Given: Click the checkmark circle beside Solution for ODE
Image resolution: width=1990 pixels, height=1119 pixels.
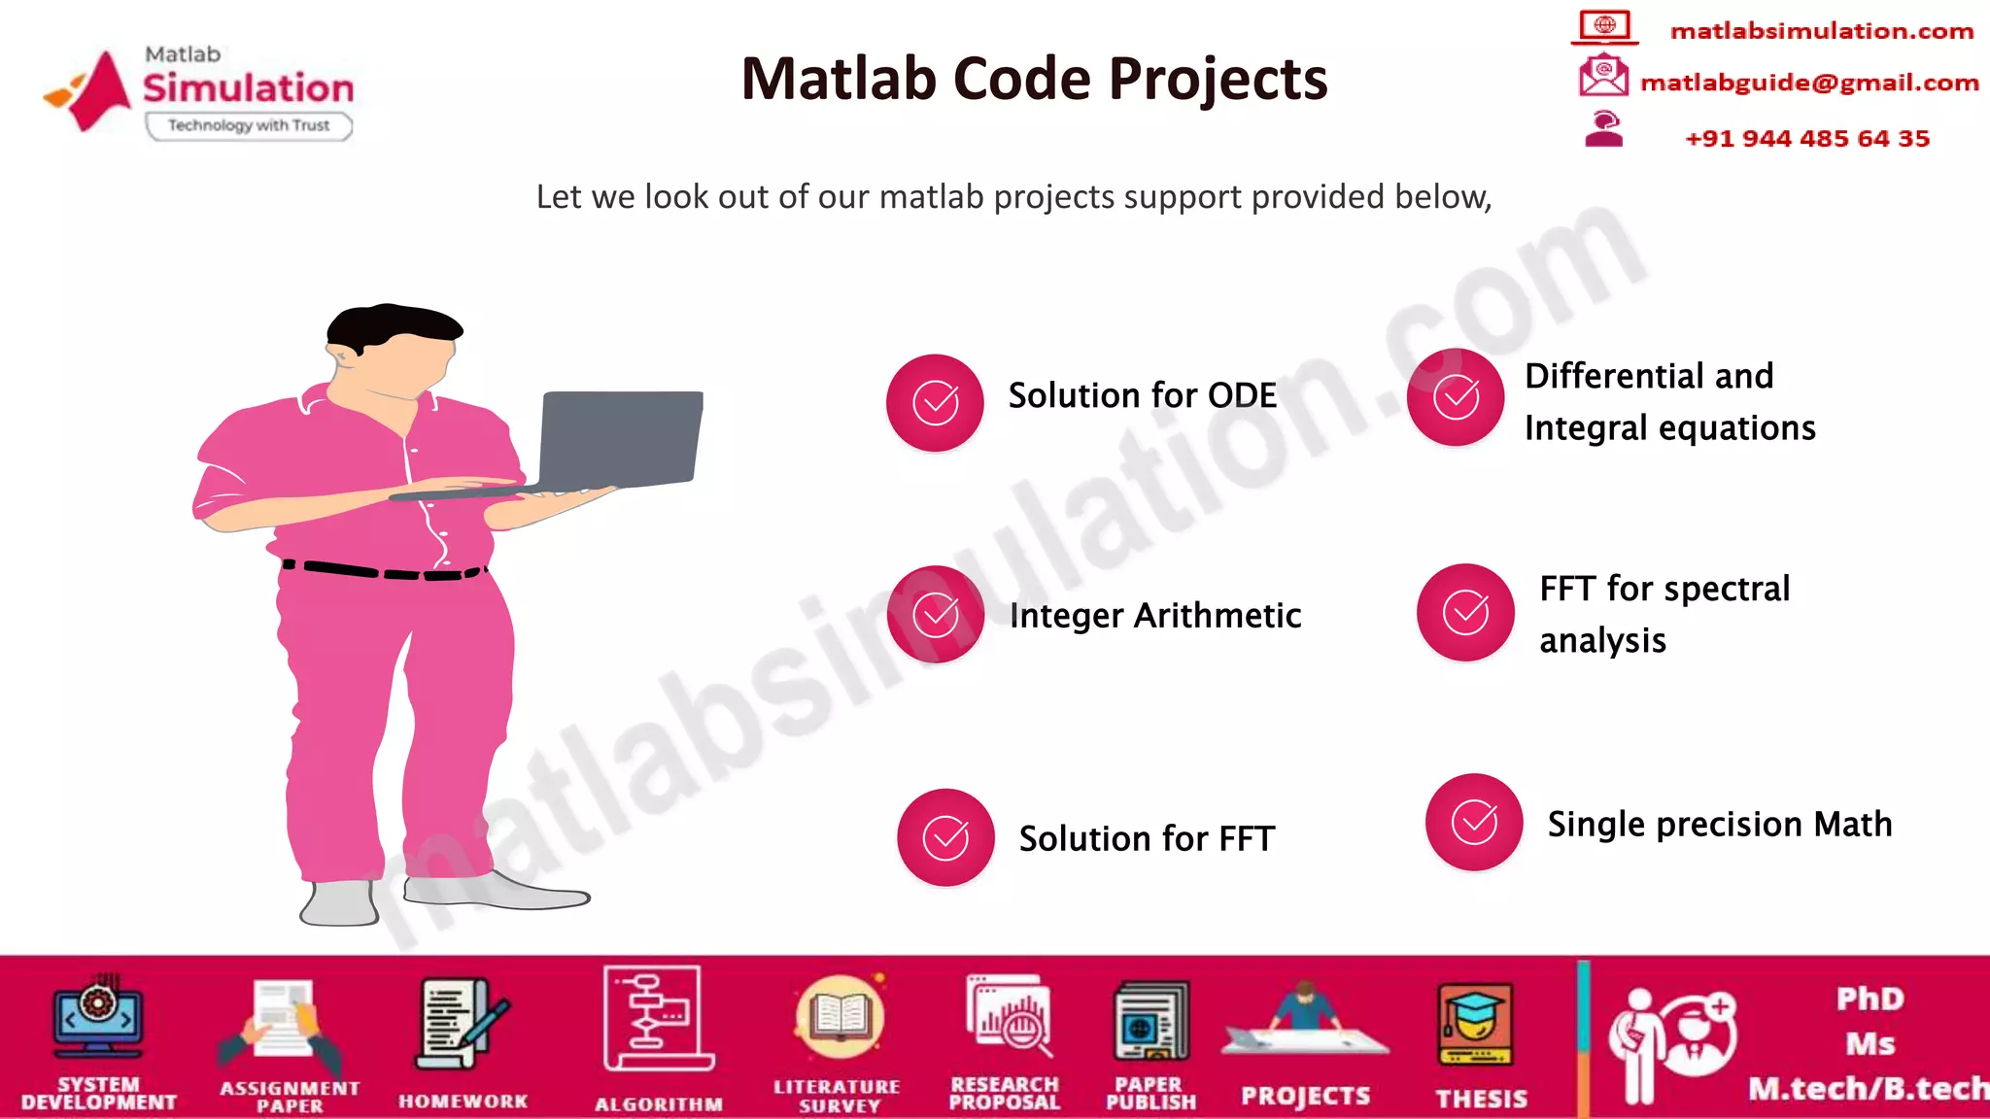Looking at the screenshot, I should click(935, 402).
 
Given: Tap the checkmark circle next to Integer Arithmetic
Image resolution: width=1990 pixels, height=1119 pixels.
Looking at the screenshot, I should click(936, 614).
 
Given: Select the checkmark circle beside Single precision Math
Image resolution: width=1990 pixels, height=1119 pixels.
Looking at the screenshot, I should click(1474, 822).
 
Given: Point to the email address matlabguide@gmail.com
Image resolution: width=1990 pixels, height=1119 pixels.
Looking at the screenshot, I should click(1808, 83).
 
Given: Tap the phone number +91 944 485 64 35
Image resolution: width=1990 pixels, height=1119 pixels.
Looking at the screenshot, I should click(1806, 138).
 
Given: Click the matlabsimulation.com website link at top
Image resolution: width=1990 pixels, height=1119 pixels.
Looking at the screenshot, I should click(1821, 31).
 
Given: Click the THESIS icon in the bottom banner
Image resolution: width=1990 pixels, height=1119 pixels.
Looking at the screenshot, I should click(1475, 1025).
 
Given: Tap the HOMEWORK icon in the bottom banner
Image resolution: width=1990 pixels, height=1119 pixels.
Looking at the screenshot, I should click(462, 1025).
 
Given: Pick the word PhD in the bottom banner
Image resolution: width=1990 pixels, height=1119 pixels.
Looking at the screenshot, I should click(1870, 999).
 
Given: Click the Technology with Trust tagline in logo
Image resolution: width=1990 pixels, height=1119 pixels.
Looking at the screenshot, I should click(249, 125).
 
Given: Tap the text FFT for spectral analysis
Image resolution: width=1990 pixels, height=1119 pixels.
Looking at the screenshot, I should click(1664, 614).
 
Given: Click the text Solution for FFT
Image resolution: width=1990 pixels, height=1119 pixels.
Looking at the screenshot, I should click(1146, 838).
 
